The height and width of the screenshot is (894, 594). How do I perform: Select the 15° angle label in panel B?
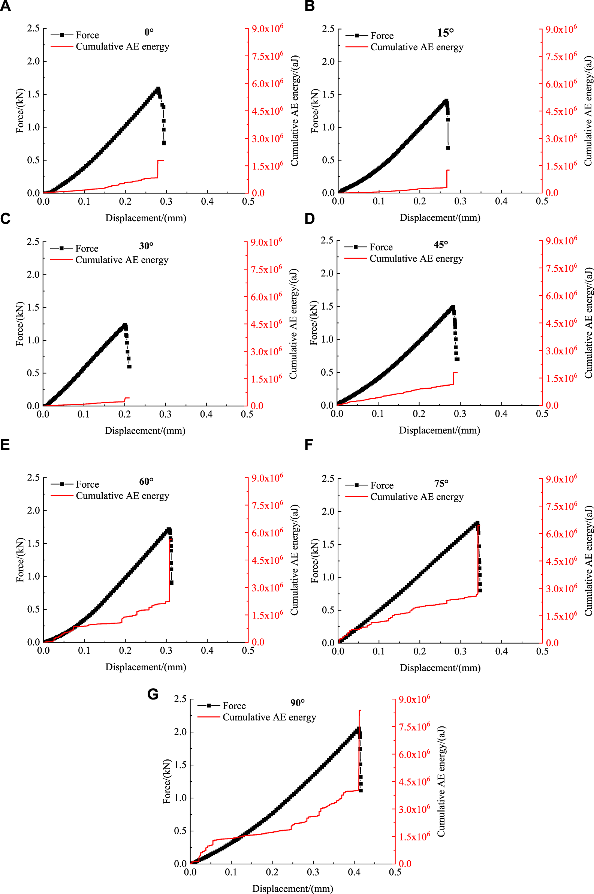tap(445, 33)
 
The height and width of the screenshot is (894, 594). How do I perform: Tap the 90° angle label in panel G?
tap(298, 703)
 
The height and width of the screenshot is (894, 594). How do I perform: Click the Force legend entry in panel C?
tap(86, 249)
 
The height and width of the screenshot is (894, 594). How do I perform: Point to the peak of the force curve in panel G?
tap(358, 728)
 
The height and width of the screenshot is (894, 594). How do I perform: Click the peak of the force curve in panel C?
tap(125, 325)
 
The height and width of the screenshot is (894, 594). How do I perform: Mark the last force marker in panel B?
tap(448, 148)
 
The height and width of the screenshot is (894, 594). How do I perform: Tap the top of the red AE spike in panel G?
tap(359, 711)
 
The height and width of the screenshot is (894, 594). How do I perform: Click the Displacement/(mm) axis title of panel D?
tap(440, 430)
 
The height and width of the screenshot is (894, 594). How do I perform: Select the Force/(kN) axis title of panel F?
tap(315, 561)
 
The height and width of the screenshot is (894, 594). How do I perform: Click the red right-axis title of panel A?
tap(295, 111)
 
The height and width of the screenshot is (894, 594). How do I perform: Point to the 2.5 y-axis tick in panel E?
tap(33, 477)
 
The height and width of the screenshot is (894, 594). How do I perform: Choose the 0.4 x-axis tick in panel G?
tap(354, 872)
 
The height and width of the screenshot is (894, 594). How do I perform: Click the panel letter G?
tap(153, 694)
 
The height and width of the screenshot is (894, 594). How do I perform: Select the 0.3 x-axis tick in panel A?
tap(166, 202)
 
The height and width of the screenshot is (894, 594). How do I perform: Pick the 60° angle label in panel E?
tap(146, 481)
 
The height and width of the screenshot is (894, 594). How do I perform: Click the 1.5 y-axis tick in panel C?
tap(33, 307)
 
